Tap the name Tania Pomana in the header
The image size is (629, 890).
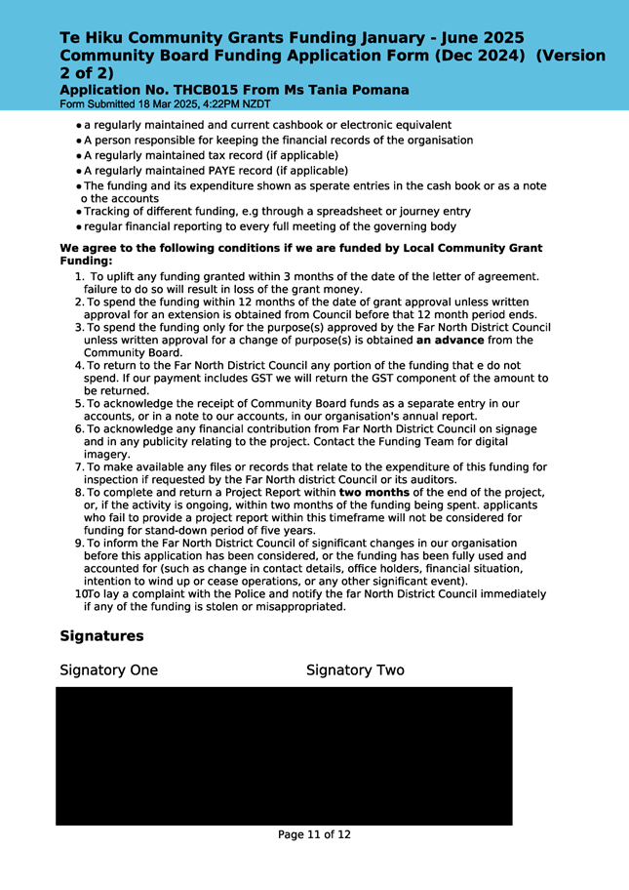[359, 91]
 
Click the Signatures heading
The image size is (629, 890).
[101, 636]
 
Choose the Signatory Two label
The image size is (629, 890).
[355, 670]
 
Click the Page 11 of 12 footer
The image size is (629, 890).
[314, 834]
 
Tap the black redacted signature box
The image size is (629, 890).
[284, 756]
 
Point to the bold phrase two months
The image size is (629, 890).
[373, 492]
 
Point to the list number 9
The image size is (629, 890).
[78, 543]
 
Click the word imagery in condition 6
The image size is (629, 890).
[107, 454]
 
